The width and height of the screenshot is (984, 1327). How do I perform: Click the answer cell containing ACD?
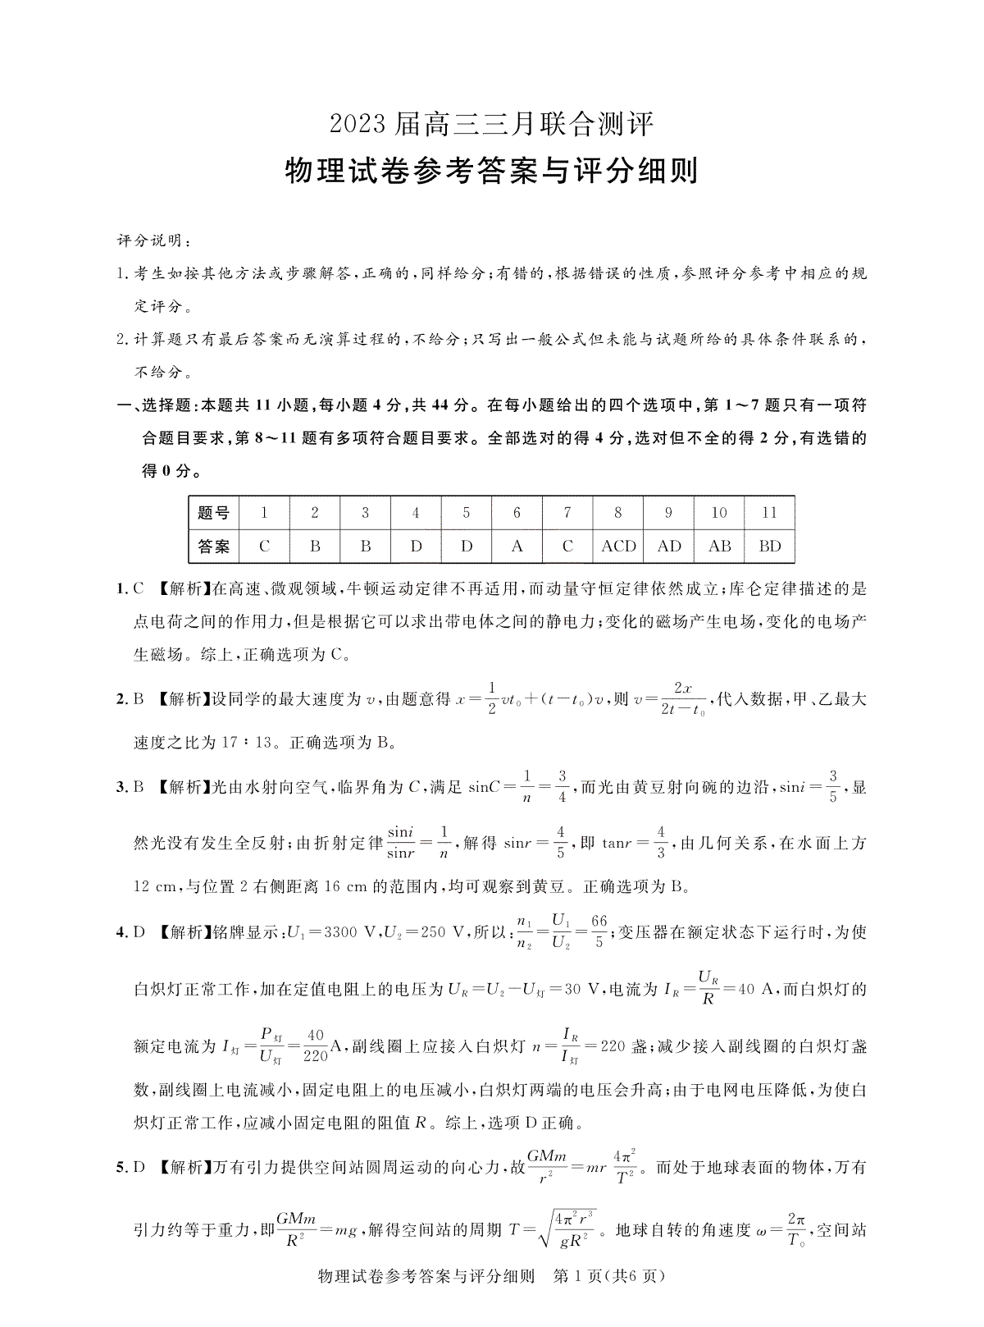[618, 546]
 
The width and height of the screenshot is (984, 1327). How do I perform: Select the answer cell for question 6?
[517, 546]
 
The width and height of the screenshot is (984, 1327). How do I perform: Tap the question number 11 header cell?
[769, 513]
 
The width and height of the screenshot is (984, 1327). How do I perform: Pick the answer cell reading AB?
[719, 546]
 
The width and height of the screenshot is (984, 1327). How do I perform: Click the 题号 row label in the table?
[213, 514]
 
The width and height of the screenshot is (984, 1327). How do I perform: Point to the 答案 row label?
[213, 546]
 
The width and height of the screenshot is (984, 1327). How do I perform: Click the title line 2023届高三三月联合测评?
[492, 125]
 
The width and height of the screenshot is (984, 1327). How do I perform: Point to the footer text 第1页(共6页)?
[610, 1299]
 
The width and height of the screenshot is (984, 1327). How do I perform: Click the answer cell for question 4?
[416, 546]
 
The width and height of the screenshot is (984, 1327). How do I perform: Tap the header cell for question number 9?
[668, 513]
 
